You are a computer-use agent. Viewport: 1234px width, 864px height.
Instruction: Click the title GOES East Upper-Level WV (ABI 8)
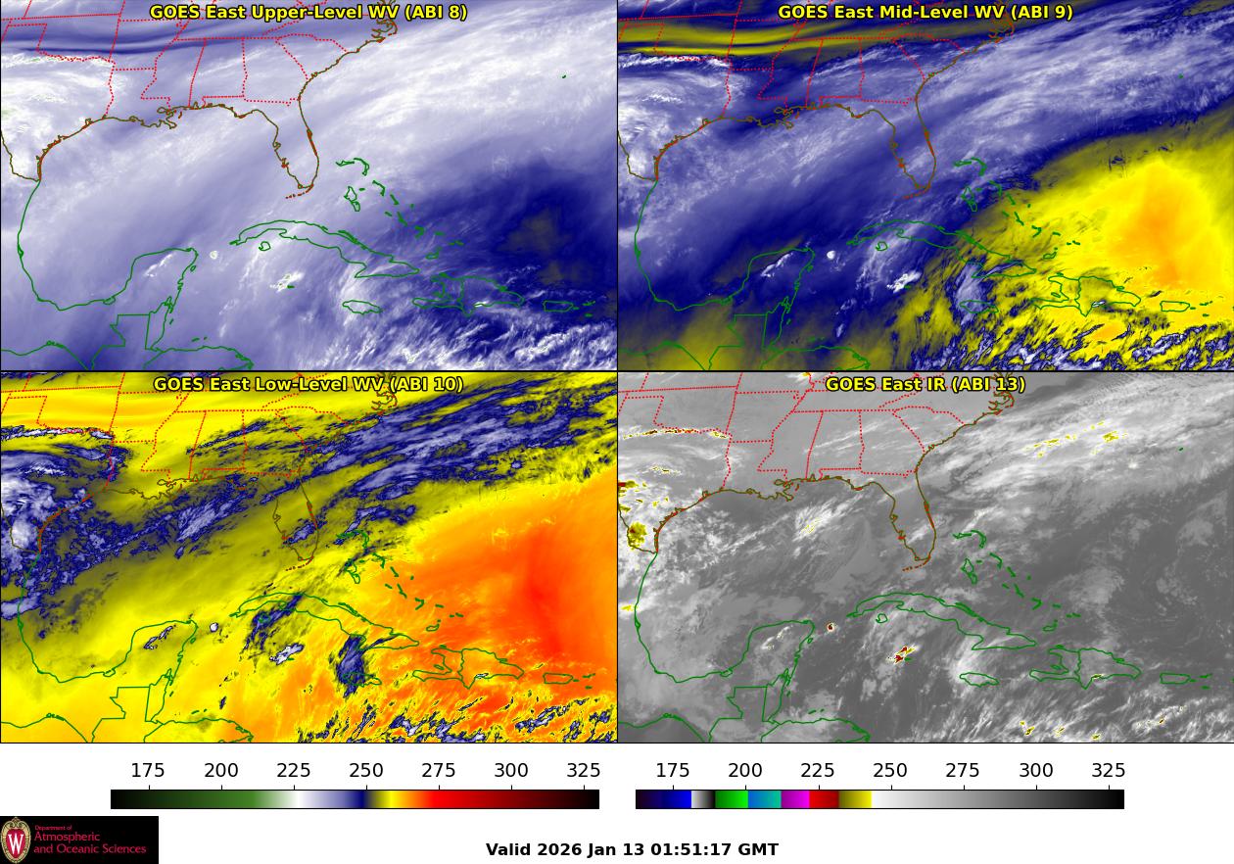click(x=308, y=13)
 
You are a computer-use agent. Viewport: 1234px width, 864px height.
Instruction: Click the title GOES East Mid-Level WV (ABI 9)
click(x=925, y=13)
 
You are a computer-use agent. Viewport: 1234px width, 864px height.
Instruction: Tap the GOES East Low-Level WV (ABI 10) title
click(x=308, y=384)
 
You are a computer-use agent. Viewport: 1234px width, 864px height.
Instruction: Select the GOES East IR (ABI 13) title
click(x=925, y=384)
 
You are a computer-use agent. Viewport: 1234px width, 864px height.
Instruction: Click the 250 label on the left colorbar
click(x=366, y=771)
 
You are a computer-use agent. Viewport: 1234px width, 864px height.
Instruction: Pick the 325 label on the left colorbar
click(x=584, y=771)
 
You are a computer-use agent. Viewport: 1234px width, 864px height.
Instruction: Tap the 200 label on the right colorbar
click(x=745, y=771)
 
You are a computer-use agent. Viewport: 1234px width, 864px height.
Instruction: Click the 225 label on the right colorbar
click(x=818, y=771)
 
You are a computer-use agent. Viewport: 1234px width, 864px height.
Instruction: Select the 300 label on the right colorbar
click(x=1036, y=771)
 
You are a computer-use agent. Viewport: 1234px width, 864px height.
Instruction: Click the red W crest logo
click(x=16, y=840)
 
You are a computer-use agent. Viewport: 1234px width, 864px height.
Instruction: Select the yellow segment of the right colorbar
click(x=855, y=799)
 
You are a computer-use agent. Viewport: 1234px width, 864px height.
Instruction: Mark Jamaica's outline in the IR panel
click(x=978, y=679)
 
